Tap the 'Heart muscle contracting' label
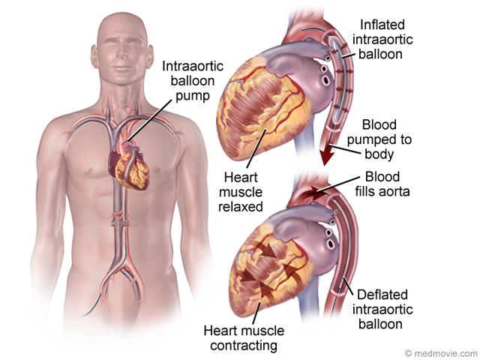[241, 337]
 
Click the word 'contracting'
[241, 345]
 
